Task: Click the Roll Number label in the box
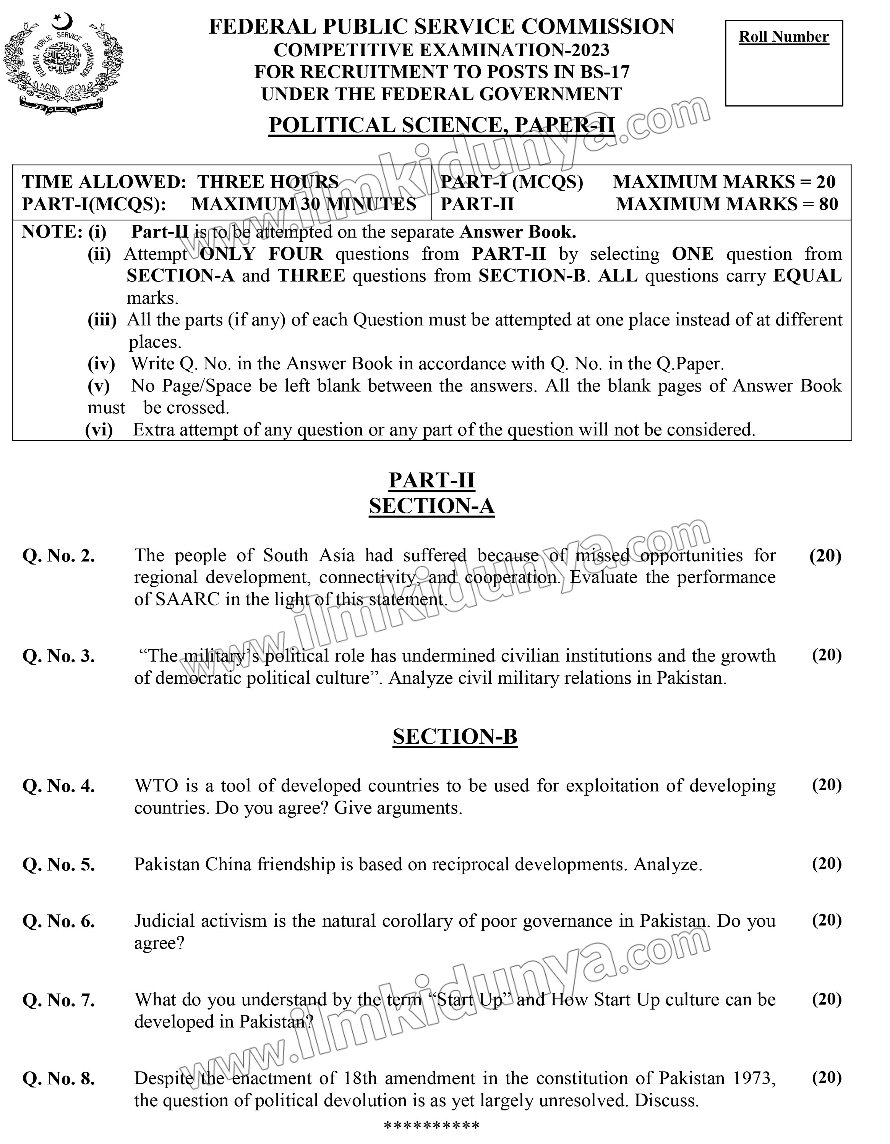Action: coord(784,37)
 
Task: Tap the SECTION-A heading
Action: coord(431,506)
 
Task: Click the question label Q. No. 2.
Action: coord(59,556)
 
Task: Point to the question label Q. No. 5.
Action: coord(59,865)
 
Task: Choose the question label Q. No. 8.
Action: coord(59,1079)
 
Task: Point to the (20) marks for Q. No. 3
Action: coord(827,655)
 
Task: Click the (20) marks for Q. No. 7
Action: coord(827,1000)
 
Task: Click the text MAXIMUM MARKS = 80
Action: coord(727,204)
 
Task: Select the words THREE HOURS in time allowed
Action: coord(268,182)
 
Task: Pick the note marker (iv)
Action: coord(101,364)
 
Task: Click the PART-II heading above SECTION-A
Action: coord(431,480)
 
